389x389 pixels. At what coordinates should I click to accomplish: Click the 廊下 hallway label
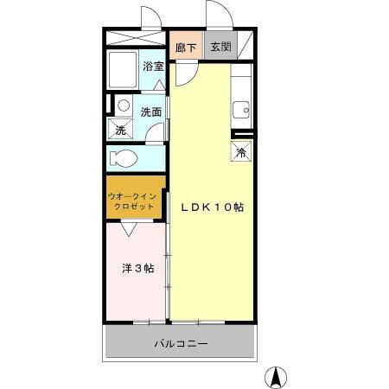point(186,48)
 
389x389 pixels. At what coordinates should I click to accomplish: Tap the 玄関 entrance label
point(220,47)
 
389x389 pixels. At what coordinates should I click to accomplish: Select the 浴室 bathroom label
point(153,67)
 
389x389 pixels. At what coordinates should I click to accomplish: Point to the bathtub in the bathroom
point(123,70)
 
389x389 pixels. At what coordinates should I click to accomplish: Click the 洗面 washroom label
point(151,112)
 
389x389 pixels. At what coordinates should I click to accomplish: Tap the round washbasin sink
point(124,105)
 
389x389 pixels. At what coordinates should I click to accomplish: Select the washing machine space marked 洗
point(120,129)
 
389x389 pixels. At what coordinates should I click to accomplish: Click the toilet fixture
point(124,158)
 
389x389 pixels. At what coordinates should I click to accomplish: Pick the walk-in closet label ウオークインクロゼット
point(132,201)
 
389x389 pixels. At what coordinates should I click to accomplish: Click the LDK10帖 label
point(213,207)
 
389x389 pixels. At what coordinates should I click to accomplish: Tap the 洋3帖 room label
point(138,269)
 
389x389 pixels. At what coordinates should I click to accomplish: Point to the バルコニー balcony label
point(182,344)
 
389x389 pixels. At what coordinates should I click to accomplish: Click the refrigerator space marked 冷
point(241,151)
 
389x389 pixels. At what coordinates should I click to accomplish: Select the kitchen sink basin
point(241,110)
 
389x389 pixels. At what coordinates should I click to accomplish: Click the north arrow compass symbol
point(276,378)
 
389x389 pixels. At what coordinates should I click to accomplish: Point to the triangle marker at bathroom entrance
point(159,85)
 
